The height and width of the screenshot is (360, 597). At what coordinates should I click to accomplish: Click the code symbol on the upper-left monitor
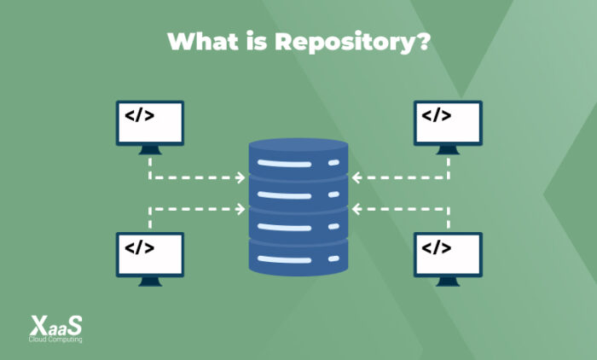coord(139,115)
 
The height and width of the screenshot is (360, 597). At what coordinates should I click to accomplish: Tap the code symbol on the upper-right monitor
coord(437,115)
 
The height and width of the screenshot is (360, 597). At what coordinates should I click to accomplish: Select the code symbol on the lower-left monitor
coord(139,247)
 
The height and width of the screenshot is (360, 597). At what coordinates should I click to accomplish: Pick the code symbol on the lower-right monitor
coord(437,247)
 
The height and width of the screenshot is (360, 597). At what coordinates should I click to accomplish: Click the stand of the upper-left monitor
coord(149,149)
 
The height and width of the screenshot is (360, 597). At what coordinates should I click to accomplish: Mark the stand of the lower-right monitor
coord(448,282)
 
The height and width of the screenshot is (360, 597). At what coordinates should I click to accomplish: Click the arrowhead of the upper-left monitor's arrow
coord(241,178)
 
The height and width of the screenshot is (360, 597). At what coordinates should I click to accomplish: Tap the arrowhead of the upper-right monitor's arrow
coord(356,178)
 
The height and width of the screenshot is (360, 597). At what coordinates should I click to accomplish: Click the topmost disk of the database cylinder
coord(298,158)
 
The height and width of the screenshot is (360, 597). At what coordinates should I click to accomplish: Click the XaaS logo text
coord(56,325)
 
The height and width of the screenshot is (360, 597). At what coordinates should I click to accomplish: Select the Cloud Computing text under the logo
coord(56,340)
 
